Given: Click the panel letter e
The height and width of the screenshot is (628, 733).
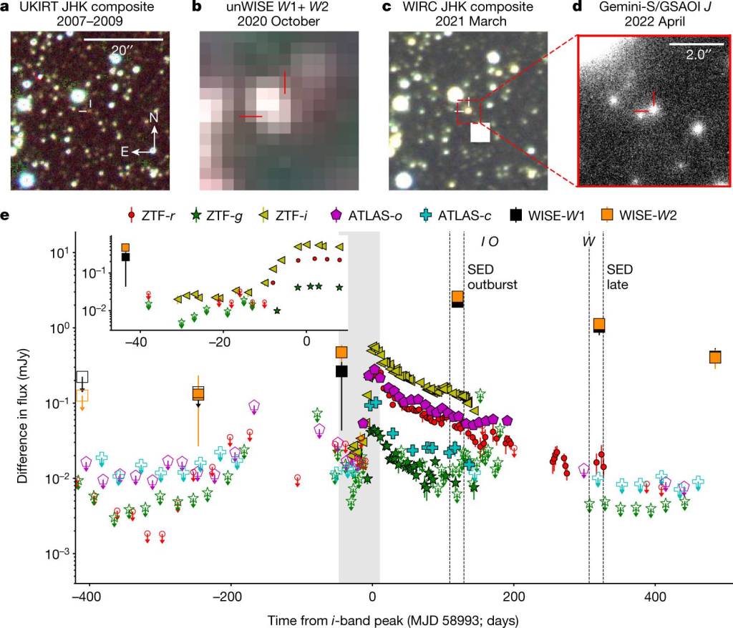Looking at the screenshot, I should click(x=6, y=214).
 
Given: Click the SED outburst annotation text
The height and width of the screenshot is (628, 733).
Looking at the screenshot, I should click(x=492, y=277).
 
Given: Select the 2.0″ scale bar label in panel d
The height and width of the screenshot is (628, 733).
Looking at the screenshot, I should click(x=691, y=54).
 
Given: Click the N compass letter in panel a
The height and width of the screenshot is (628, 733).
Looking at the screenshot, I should click(x=155, y=117).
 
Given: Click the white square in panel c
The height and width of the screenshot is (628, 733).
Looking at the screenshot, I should click(x=480, y=133).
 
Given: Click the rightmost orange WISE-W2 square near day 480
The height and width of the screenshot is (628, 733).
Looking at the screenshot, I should click(x=714, y=358).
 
